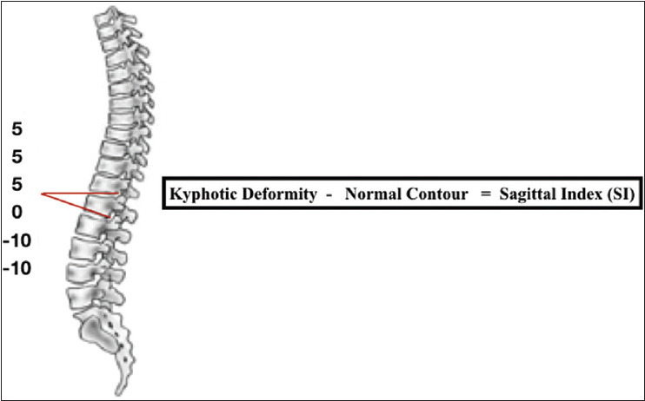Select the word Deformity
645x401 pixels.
273,194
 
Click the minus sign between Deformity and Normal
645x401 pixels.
328,194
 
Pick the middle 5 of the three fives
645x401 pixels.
17,158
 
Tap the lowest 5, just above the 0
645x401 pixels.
17,185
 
